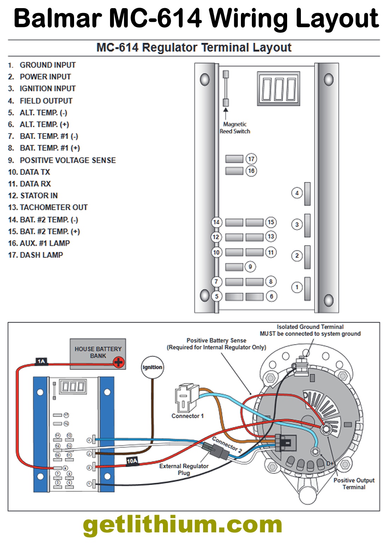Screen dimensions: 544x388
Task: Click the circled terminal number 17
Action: [x=251, y=159]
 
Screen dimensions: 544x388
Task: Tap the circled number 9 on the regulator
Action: [x=250, y=267]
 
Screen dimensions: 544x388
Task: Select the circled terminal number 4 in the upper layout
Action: [x=297, y=193]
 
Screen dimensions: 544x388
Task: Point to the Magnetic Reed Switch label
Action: [x=235, y=128]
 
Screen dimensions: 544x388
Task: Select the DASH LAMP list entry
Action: [x=41, y=255]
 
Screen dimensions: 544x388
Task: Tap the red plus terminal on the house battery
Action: [x=119, y=362]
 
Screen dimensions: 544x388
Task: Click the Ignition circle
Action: [x=152, y=367]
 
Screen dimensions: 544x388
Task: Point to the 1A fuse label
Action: [x=41, y=361]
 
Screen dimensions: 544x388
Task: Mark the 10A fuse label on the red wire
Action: [x=132, y=461]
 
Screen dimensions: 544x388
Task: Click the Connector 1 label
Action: [x=188, y=416]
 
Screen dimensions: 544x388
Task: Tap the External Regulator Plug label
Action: [x=184, y=469]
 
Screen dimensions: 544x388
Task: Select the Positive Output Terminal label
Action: [x=354, y=484]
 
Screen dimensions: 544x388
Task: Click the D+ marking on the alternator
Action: [x=330, y=463]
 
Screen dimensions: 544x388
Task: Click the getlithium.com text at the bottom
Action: [x=182, y=525]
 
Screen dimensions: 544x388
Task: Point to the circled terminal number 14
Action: [x=216, y=222]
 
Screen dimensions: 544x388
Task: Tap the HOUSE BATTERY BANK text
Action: [x=98, y=352]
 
